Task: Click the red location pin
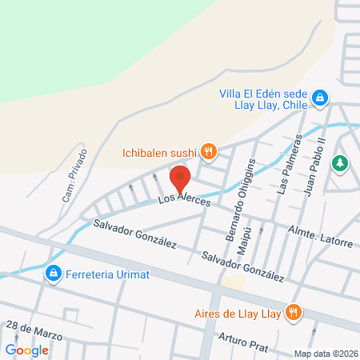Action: click(182, 177)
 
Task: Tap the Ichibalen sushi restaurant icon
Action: click(209, 150)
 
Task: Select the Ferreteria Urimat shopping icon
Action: click(54, 274)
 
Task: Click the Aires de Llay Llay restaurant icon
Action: click(295, 313)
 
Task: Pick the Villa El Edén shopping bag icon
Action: click(319, 97)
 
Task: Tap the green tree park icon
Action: click(341, 162)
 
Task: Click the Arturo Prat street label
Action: click(240, 342)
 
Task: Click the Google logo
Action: click(27, 350)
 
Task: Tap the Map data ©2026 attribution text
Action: click(326, 354)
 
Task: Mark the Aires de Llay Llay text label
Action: click(238, 313)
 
